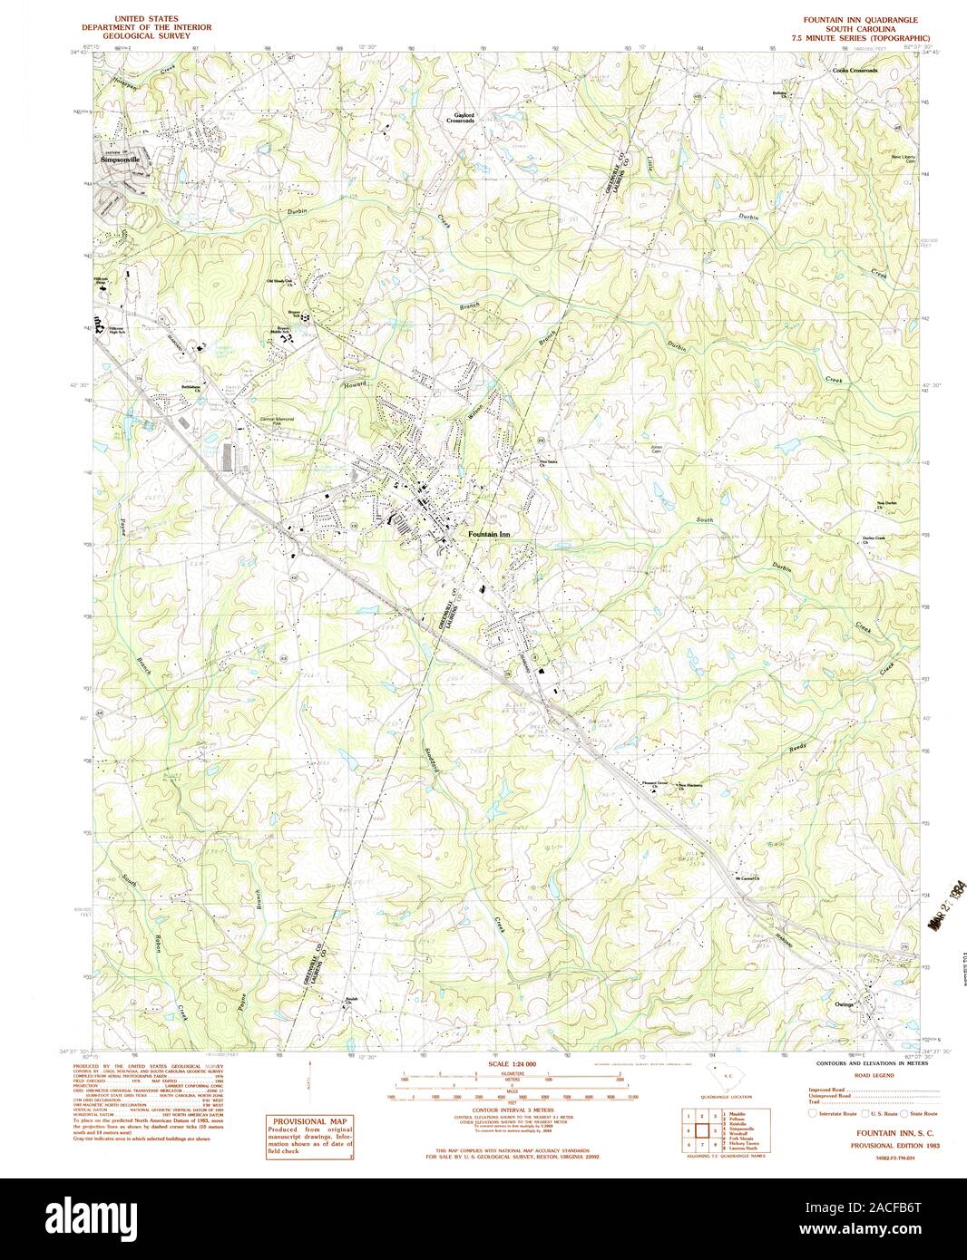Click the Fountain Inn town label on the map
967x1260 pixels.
click(x=489, y=535)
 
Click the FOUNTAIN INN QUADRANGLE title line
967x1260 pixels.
click(x=860, y=19)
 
